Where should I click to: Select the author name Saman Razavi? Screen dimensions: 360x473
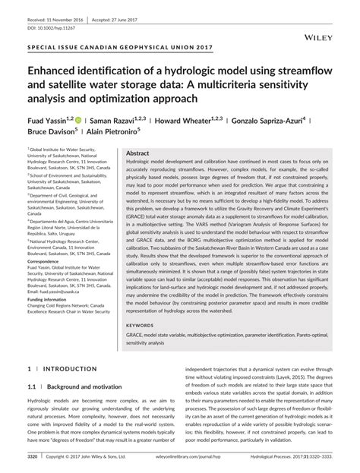click(x=112, y=120)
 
